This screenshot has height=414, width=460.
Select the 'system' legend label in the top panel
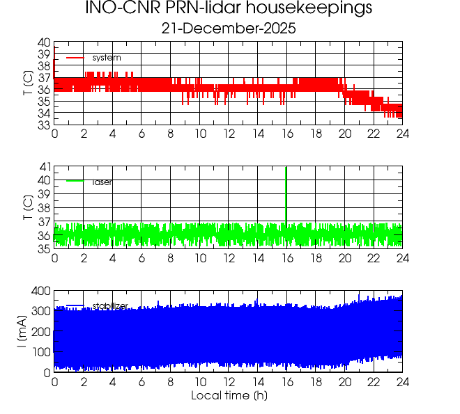coord(107,57)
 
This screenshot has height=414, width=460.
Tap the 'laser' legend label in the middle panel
coord(102,182)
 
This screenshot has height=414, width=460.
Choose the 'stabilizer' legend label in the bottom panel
coord(110,305)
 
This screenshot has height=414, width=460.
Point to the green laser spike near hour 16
coord(286,195)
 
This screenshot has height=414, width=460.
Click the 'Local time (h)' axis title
coord(229,396)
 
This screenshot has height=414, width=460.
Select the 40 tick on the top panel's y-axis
coord(43,42)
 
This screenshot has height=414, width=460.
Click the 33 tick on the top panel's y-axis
coord(43,125)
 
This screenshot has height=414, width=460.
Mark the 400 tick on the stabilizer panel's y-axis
coord(39,290)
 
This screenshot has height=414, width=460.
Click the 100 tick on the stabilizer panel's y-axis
coord(39,352)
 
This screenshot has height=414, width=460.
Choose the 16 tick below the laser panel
coord(287,258)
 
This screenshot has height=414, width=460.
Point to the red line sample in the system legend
coord(75,57)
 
